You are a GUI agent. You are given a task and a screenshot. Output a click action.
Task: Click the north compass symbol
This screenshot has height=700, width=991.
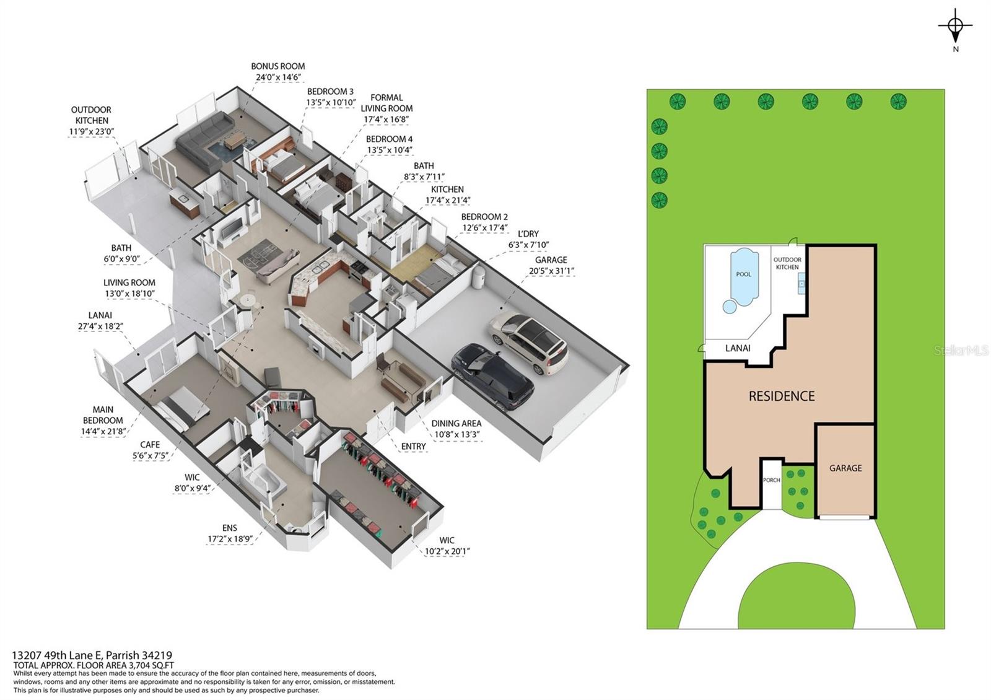pos(955,28)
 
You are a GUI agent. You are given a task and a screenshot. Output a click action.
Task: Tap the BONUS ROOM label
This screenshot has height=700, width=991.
pos(278,66)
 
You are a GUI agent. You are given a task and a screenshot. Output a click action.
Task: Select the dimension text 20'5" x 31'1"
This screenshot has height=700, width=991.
pos(551,271)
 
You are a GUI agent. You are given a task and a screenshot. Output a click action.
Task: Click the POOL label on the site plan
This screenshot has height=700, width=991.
pos(744,274)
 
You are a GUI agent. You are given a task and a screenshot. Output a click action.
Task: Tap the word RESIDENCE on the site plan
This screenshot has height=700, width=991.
pos(781,396)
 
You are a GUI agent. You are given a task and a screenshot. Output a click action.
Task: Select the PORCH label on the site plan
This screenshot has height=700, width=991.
pos(772,480)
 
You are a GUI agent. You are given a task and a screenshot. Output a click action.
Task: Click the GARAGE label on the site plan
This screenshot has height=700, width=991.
pos(845,468)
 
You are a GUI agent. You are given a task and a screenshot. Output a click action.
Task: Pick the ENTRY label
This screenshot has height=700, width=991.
pos(413,447)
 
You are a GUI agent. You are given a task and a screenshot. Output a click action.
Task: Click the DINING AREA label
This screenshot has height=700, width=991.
pos(456,424)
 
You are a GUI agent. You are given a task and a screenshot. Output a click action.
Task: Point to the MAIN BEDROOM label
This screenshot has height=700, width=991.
pos(103,415)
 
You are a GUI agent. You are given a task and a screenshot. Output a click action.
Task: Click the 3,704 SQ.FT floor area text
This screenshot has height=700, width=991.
pos(151,665)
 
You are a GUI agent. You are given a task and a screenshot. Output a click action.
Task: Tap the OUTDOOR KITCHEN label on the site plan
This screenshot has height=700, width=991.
pos(787,263)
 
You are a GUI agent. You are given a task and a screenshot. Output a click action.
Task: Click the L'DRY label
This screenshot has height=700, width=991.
pos(528,234)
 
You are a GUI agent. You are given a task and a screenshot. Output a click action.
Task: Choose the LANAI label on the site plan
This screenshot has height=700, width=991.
pos(738,349)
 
